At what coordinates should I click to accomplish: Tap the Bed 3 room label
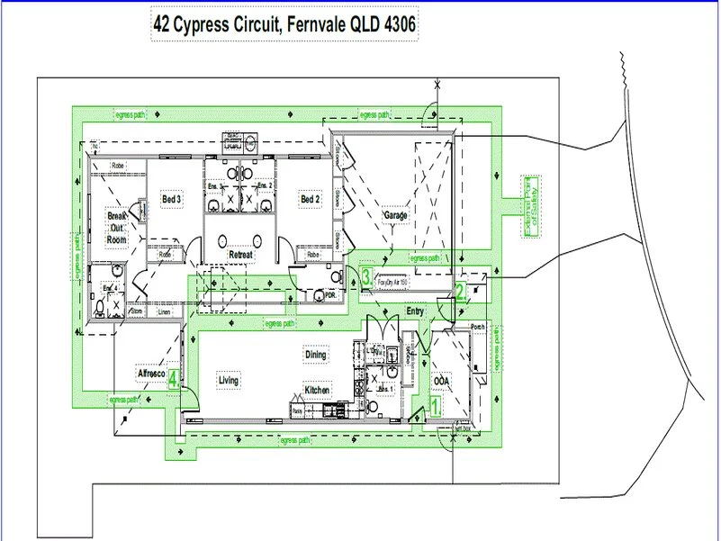[x=172, y=199]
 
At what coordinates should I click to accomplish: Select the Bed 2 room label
[x=310, y=199]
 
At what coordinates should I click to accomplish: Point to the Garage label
[x=396, y=216]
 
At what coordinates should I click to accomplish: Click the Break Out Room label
[x=117, y=229]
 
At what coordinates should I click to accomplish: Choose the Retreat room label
[x=240, y=256]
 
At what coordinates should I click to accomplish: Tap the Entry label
[x=415, y=311]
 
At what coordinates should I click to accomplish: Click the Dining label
[x=315, y=356]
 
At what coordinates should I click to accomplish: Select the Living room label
[x=229, y=381]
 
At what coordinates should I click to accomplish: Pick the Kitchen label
[x=317, y=390]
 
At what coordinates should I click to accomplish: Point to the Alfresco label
[x=149, y=372]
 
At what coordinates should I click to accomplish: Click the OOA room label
[x=442, y=380]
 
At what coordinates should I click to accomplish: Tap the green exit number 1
[x=436, y=406]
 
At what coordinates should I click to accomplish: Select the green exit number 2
[x=459, y=291]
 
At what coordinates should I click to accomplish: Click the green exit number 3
[x=366, y=276]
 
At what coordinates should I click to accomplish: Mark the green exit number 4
[x=173, y=379]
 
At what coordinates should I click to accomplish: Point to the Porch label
[x=478, y=327]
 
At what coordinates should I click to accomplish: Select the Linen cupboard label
[x=164, y=312]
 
